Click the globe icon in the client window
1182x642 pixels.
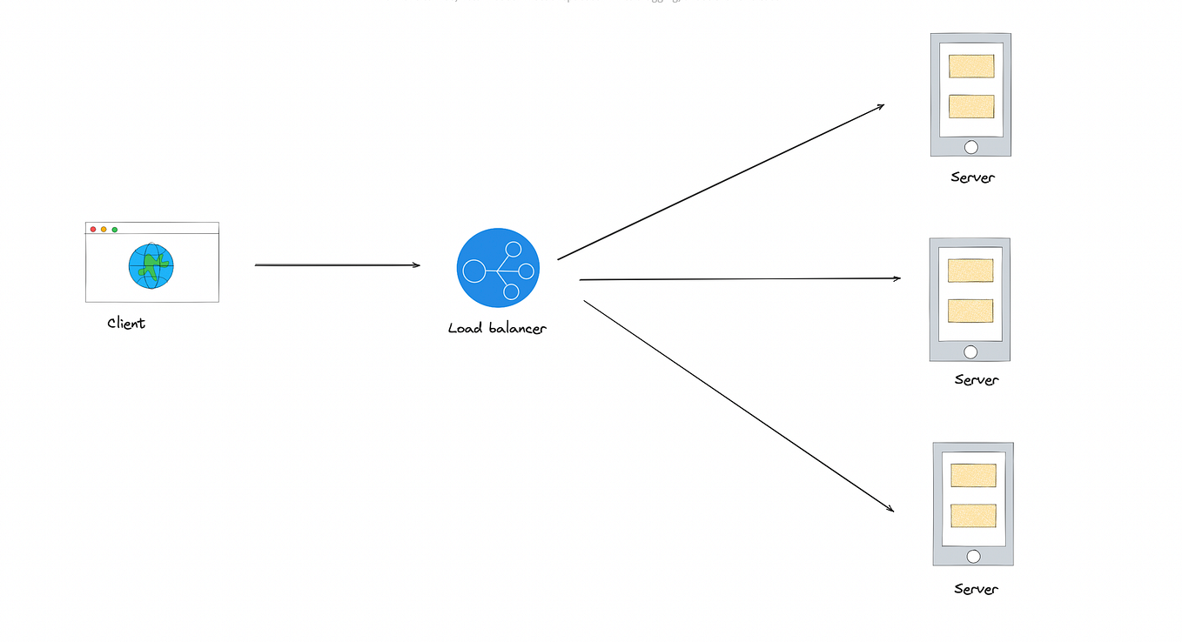click(151, 266)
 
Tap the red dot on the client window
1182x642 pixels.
click(93, 229)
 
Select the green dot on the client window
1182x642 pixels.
click(115, 229)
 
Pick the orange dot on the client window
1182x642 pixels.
click(104, 229)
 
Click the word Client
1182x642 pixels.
click(126, 324)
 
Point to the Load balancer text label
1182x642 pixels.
click(497, 328)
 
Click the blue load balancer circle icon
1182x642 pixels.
click(498, 268)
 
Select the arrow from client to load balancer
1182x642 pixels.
click(337, 265)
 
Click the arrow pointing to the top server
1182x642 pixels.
click(721, 182)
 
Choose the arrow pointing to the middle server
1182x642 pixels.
click(740, 279)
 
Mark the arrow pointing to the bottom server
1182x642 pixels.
click(738, 405)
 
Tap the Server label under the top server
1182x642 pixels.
click(972, 177)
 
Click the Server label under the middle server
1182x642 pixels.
click(976, 379)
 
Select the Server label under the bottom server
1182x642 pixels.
click(976, 589)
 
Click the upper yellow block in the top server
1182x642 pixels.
click(971, 66)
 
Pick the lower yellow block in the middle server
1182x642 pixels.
click(970, 311)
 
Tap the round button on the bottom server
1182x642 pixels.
click(973, 557)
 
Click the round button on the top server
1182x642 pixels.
click(971, 147)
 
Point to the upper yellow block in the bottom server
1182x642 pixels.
click(973, 475)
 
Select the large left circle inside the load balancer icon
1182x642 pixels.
click(473, 271)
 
